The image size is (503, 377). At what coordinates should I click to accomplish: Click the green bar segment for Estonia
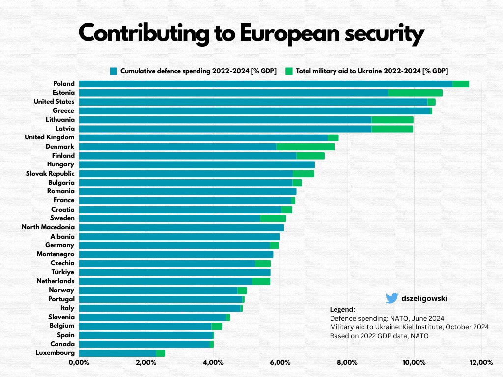click(415, 93)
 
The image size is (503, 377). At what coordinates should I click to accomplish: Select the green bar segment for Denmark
click(305, 147)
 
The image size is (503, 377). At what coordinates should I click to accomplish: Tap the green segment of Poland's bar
click(460, 84)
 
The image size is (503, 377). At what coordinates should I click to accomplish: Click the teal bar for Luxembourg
click(117, 353)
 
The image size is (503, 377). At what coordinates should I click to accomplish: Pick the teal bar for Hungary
click(196, 164)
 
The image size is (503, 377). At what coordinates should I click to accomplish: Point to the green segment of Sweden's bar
click(273, 218)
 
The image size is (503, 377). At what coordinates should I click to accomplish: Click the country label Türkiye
click(62, 272)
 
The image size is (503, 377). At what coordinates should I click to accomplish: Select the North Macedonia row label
click(48, 227)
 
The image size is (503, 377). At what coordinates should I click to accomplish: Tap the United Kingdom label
click(50, 137)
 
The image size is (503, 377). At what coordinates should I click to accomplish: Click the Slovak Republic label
click(50, 173)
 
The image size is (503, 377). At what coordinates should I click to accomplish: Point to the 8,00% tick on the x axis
click(347, 363)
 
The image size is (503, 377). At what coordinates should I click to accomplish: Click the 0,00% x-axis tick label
click(79, 363)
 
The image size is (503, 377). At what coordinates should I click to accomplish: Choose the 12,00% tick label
click(481, 363)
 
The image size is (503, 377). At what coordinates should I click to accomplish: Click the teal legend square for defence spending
click(114, 71)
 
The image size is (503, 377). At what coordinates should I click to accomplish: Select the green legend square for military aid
click(289, 71)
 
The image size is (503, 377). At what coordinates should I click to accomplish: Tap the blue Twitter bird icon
click(391, 298)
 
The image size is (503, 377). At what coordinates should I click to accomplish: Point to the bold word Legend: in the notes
click(342, 310)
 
